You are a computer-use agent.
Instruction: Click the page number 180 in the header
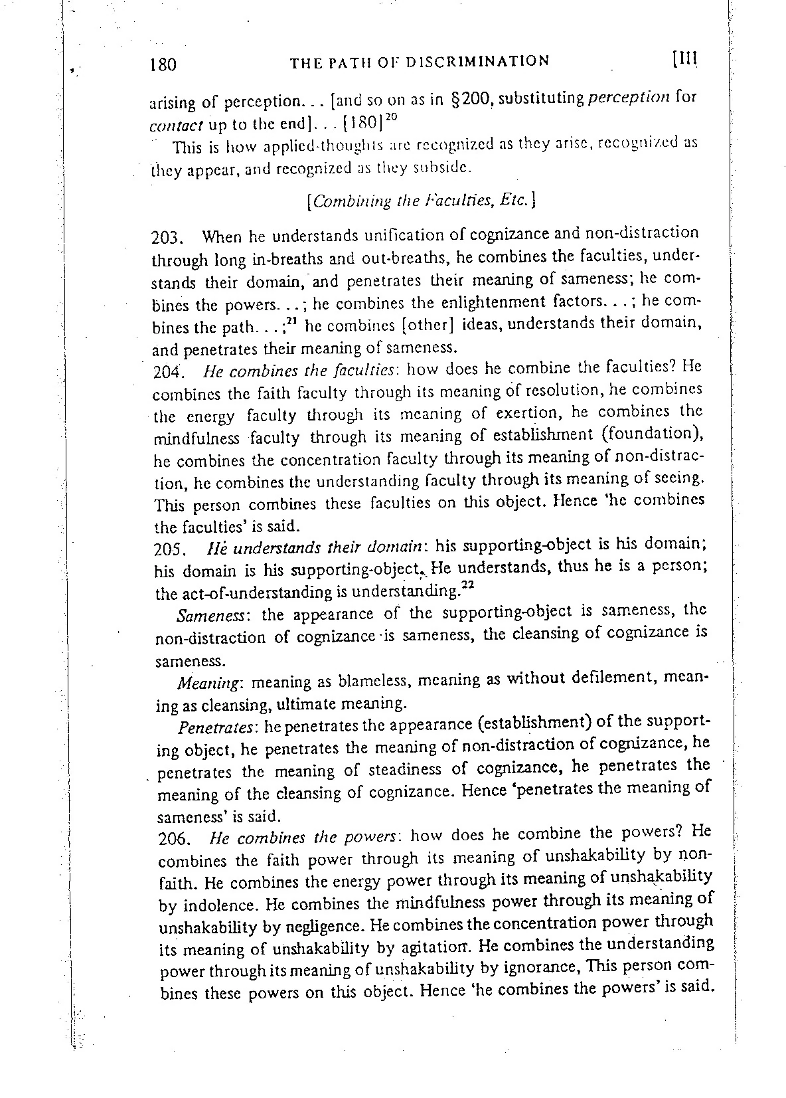(163, 64)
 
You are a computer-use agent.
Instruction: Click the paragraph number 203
(167, 237)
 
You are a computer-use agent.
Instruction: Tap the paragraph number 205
(167, 549)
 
